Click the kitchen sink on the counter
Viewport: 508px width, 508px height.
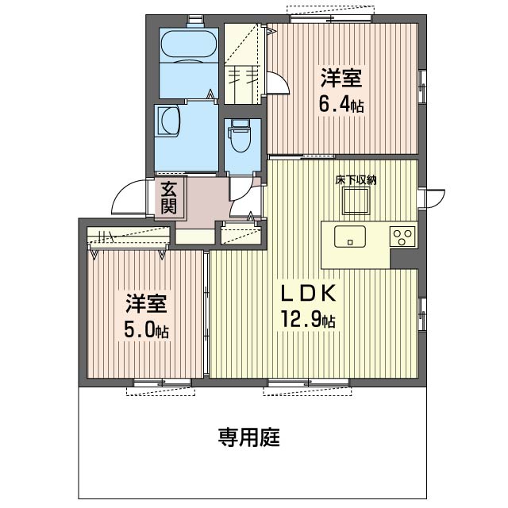pos(349,237)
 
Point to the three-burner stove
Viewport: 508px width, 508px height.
pos(402,237)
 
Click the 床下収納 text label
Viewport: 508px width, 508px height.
pos(355,179)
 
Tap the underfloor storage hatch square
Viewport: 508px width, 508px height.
pos(355,204)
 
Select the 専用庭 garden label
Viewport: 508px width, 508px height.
pos(249,437)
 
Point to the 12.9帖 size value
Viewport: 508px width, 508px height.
pos(306,320)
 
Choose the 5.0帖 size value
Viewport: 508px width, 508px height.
pos(145,329)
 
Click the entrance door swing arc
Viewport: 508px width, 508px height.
pos(127,198)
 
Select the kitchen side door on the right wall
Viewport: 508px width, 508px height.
pos(433,198)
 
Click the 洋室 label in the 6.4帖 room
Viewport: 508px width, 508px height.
pos(341,78)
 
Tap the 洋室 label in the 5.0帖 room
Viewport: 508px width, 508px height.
pos(145,304)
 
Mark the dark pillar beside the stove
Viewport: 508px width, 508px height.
pos(404,260)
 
